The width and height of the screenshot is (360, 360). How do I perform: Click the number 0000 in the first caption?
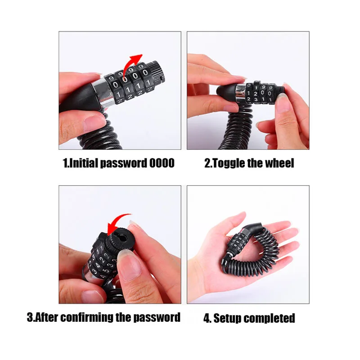162,163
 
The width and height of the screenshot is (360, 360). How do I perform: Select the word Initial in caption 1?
84,163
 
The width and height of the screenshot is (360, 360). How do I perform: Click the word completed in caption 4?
270,318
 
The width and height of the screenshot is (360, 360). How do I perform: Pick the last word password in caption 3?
156,317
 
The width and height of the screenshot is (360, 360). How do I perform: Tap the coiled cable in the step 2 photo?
239,126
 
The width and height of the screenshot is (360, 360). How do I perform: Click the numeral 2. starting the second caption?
207,163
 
